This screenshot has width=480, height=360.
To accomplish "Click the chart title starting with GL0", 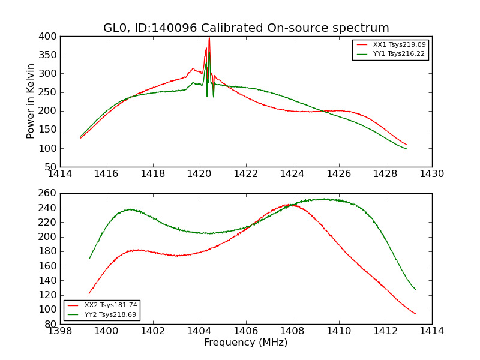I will [246, 28].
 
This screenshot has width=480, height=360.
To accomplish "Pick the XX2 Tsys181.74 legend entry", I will [111, 305].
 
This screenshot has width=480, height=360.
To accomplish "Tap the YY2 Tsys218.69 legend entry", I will [111, 314].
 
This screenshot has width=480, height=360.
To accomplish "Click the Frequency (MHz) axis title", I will [245, 343].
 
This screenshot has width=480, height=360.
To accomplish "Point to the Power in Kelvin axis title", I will [31, 101].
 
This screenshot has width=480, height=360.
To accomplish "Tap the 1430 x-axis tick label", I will [431, 174].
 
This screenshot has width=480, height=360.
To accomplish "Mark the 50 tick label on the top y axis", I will [53, 167].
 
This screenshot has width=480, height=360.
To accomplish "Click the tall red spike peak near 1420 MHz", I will [209, 38].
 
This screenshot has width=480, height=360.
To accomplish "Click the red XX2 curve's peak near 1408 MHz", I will [291, 205].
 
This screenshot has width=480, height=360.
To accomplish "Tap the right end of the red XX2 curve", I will [415, 313].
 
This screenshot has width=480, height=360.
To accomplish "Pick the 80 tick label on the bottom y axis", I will [53, 324].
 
